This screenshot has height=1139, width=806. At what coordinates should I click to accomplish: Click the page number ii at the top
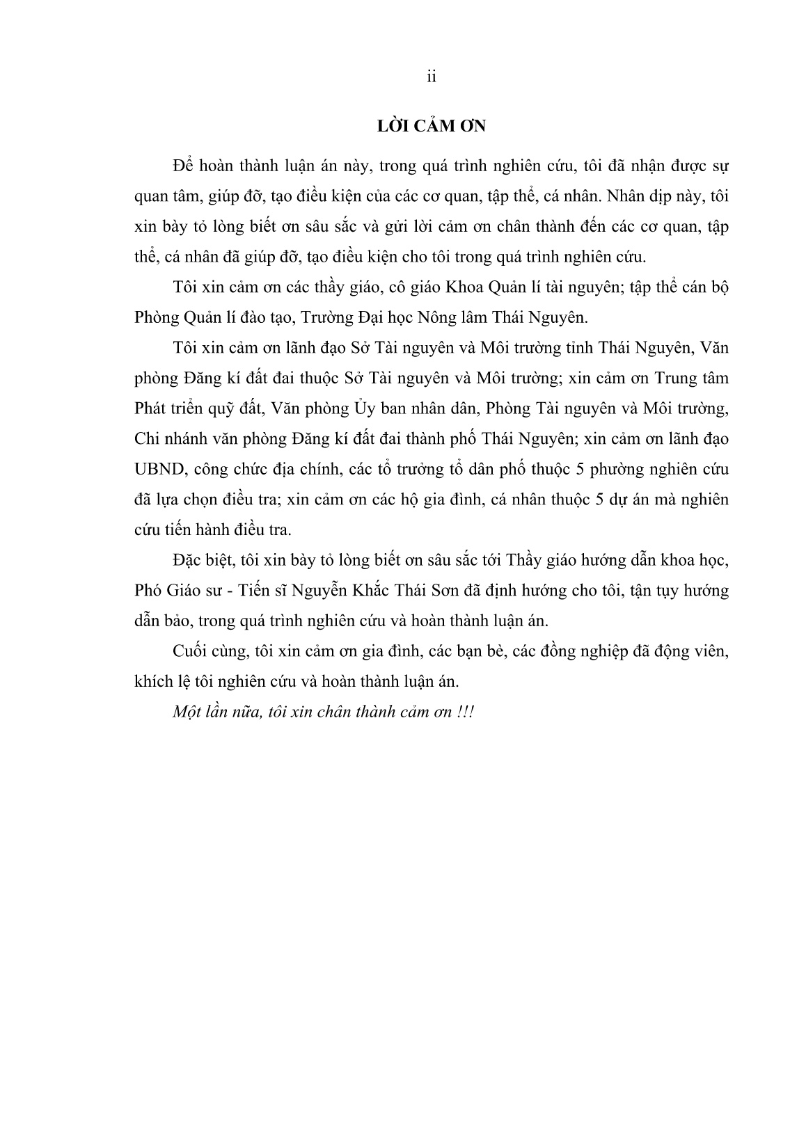[x=431, y=77]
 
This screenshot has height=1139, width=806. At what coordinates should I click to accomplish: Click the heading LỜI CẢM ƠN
[x=431, y=127]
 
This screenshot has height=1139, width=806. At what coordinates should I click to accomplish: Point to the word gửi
[x=390, y=228]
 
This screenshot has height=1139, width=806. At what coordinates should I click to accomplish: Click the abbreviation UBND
[x=157, y=469]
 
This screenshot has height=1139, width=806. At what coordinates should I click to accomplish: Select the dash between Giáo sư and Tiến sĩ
[x=232, y=591]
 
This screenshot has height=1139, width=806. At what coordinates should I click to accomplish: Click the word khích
[x=152, y=681]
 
